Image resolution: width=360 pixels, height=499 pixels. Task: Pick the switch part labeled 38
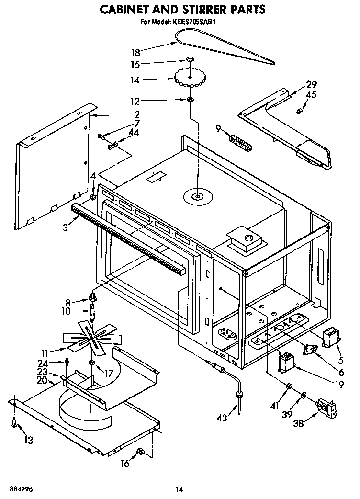click(327, 408)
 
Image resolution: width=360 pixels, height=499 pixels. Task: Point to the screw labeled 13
click(14, 423)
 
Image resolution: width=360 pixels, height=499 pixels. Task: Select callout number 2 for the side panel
click(137, 114)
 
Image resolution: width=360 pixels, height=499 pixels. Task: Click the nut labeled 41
click(290, 386)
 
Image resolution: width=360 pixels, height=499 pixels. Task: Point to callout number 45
click(311, 95)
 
